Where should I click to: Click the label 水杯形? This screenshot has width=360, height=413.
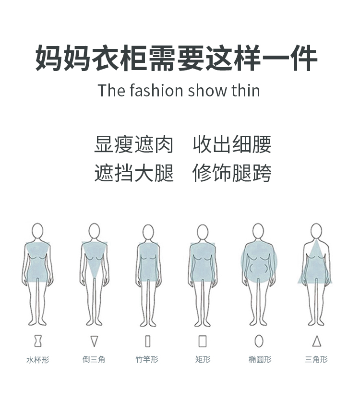[x=38, y=359]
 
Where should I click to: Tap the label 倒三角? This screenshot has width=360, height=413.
[x=94, y=359]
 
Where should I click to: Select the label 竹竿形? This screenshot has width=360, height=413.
[x=146, y=359]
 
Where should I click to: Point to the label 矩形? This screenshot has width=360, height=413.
[x=203, y=359]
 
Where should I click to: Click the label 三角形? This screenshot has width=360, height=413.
[x=316, y=359]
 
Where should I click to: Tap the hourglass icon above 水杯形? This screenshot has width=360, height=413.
[x=38, y=341]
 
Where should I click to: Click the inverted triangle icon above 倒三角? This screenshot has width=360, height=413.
[x=94, y=341]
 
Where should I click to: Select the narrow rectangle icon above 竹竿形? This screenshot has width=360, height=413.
[x=147, y=341]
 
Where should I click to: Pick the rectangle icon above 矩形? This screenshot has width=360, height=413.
[x=203, y=341]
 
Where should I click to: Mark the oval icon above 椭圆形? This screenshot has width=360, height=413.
[x=259, y=341]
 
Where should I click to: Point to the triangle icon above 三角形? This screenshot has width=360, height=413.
[x=316, y=341]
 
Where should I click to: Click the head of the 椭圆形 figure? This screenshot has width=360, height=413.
[x=259, y=231]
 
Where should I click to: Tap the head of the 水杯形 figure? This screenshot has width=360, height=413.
[x=37, y=231]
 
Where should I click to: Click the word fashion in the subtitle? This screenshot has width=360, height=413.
[x=156, y=90]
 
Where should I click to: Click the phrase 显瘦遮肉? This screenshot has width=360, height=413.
[x=134, y=144]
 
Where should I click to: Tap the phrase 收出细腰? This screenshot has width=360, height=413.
[x=232, y=144]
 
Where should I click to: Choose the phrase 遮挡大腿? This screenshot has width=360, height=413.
[x=134, y=173]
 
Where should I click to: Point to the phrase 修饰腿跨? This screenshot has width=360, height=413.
[x=232, y=173]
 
